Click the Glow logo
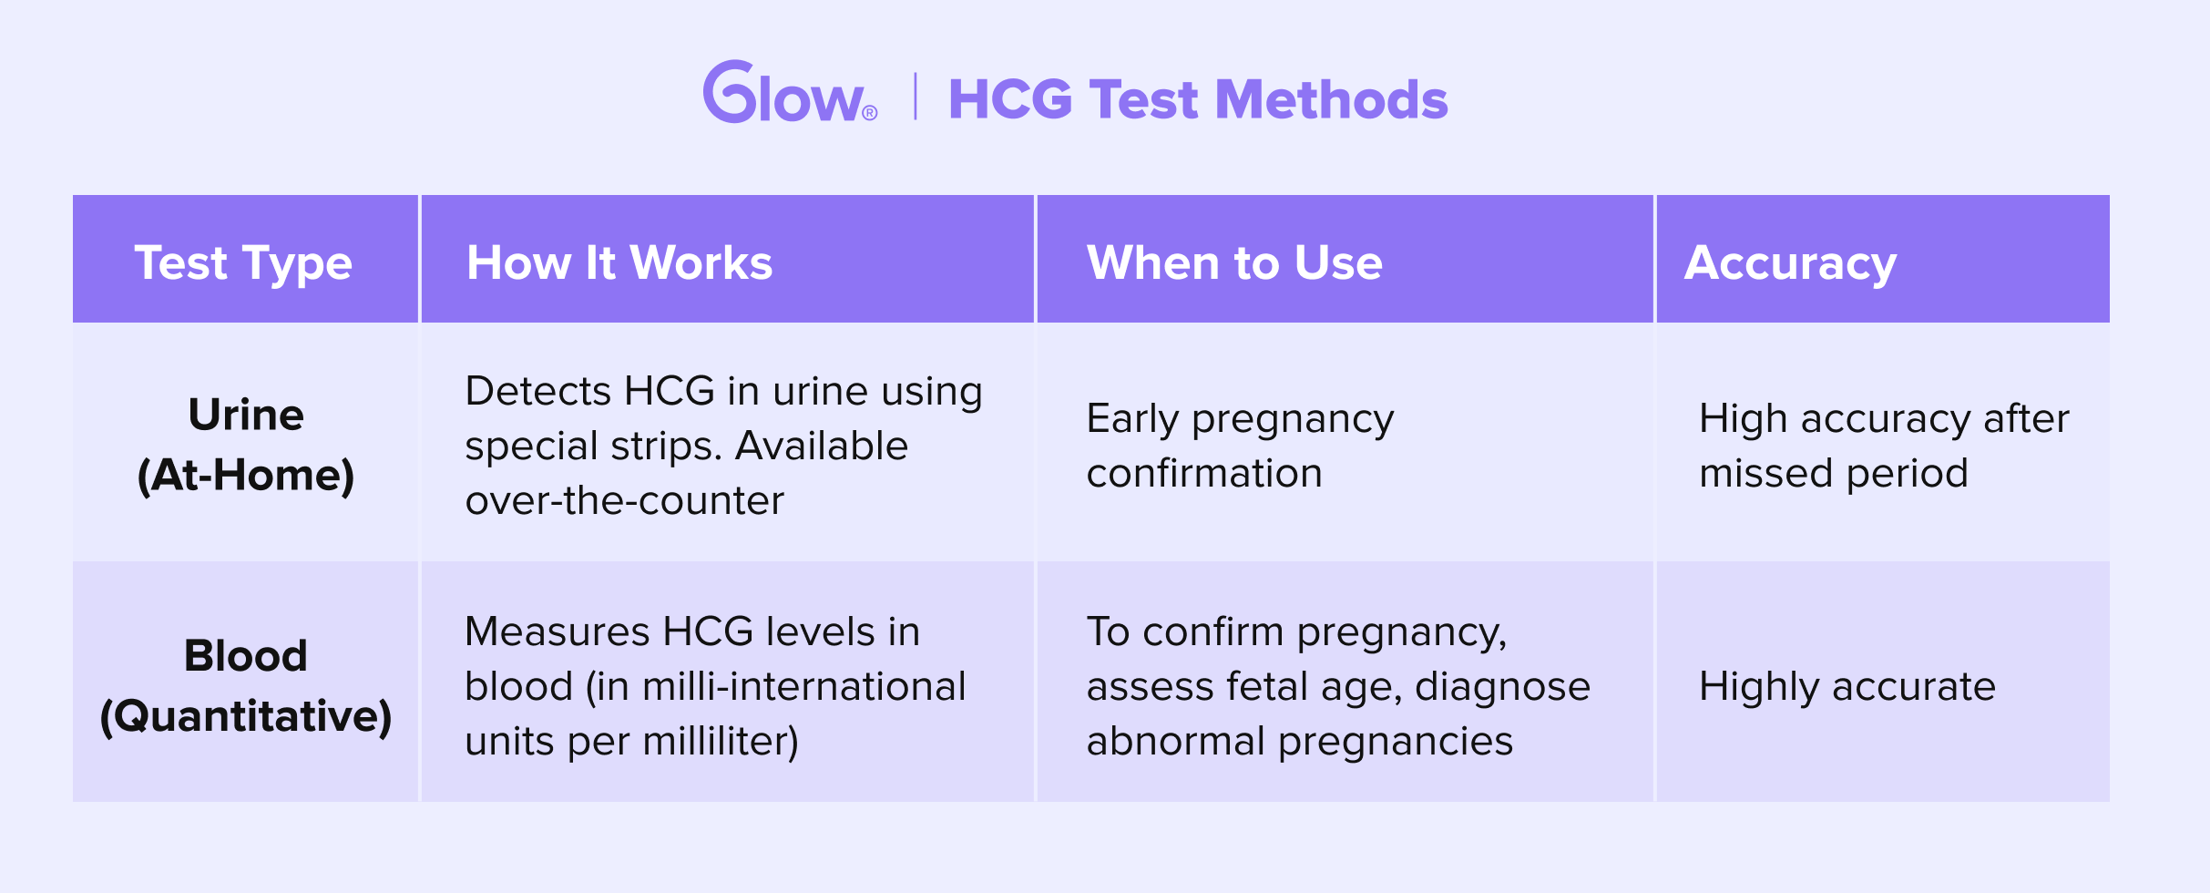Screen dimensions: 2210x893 tap(789, 92)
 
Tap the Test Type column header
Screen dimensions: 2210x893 tap(243, 264)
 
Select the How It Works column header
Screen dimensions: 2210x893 tap(619, 263)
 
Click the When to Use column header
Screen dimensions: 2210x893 tap(1234, 263)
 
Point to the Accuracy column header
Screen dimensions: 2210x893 tap(1790, 264)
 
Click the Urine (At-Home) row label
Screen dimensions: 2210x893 tap(246, 446)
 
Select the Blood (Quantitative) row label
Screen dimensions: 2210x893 tap(246, 686)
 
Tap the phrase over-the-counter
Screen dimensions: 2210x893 tap(624, 500)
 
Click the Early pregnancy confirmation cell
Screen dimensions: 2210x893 tap(1240, 446)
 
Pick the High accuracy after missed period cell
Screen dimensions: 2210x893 tap(1884, 446)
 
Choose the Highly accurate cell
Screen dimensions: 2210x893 tap(1847, 687)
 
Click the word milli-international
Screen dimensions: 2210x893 tap(803, 686)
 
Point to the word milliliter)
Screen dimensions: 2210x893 tap(721, 742)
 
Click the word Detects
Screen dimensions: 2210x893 tap(537, 391)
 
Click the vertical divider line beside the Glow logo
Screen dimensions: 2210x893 tap(915, 98)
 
